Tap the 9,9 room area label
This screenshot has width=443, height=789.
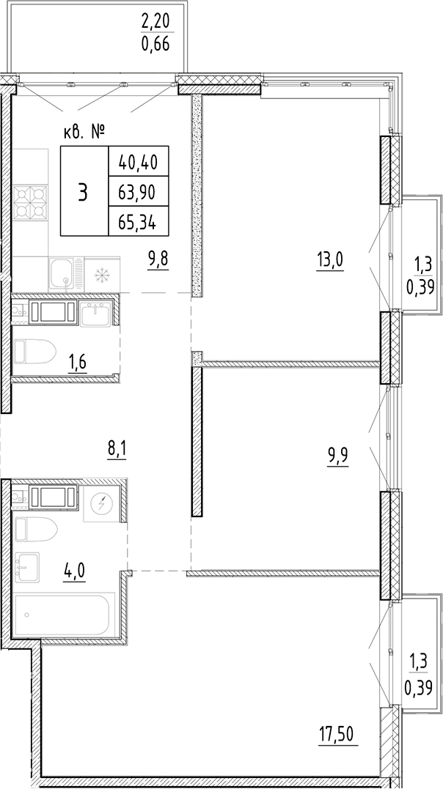[337, 458]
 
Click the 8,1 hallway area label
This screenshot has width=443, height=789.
[118, 447]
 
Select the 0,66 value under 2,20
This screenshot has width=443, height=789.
[155, 43]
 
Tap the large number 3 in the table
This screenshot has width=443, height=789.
[84, 191]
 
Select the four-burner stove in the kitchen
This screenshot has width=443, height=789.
[29, 202]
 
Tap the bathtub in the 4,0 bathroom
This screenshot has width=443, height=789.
[62, 615]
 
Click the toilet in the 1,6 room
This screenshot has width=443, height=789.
[35, 352]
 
